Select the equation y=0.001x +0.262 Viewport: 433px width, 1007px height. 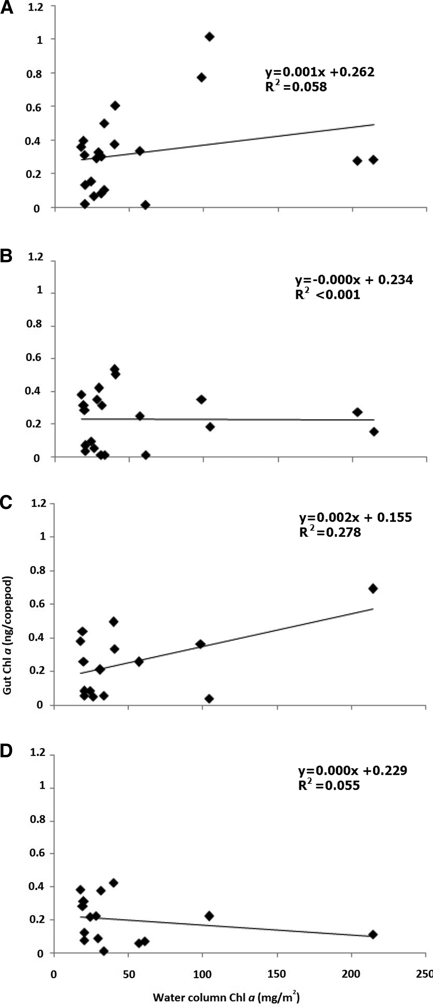[319, 72]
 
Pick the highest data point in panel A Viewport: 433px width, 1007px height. [210, 37]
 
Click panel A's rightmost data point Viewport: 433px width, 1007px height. [374, 159]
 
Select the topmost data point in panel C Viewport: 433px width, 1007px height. [373, 588]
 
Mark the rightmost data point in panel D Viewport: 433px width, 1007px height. [373, 934]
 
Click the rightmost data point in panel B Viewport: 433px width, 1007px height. [374, 432]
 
